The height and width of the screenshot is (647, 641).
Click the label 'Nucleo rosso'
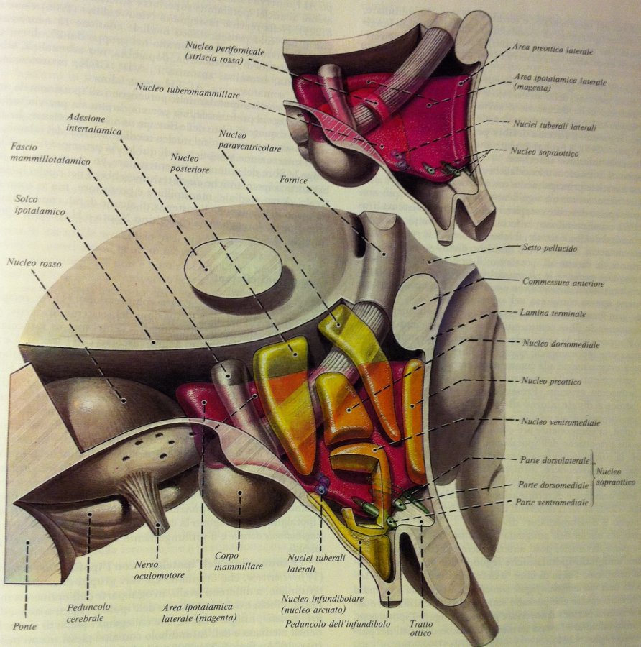point(34,262)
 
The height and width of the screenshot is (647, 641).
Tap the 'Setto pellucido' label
point(550,248)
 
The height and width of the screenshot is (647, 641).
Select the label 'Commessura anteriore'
point(563,283)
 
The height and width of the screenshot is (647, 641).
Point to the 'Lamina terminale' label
point(553,313)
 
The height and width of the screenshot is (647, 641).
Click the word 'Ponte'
point(24,626)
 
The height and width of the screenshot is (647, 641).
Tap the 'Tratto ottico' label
point(420,628)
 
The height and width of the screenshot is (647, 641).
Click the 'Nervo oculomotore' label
point(160,570)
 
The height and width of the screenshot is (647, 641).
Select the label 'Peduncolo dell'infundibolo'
point(338,623)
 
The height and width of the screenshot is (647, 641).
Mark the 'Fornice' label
point(293,180)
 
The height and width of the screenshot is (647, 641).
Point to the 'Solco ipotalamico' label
point(40,205)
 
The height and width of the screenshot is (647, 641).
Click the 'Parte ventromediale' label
point(551,503)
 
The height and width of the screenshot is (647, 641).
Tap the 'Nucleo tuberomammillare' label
point(188,91)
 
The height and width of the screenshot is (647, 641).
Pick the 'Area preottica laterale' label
point(553,50)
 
